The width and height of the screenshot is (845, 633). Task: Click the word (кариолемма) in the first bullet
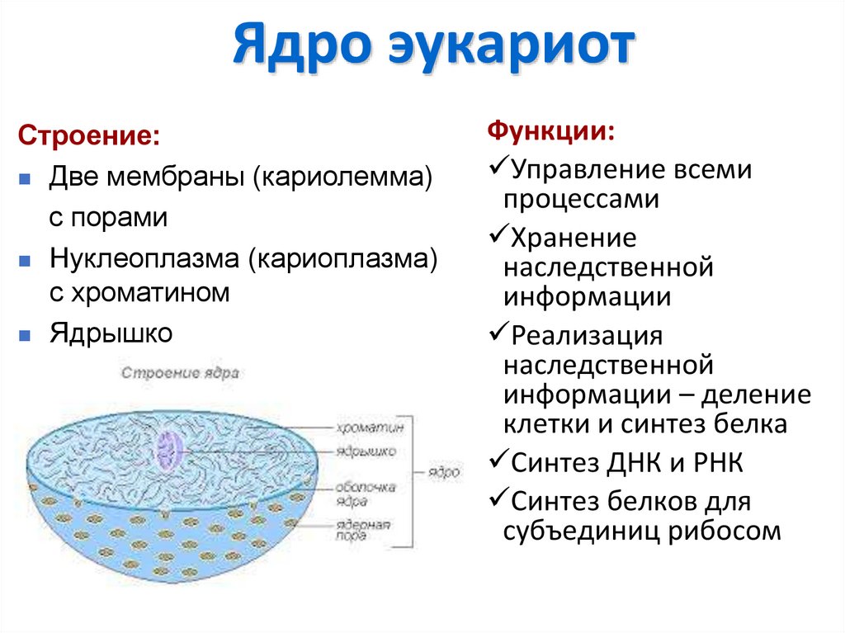342,177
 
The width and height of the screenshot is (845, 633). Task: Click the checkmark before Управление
497,168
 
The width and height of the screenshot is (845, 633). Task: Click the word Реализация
588,336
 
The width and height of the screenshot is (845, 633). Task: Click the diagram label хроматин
370,428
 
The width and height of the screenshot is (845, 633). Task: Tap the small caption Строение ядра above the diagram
180,372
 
